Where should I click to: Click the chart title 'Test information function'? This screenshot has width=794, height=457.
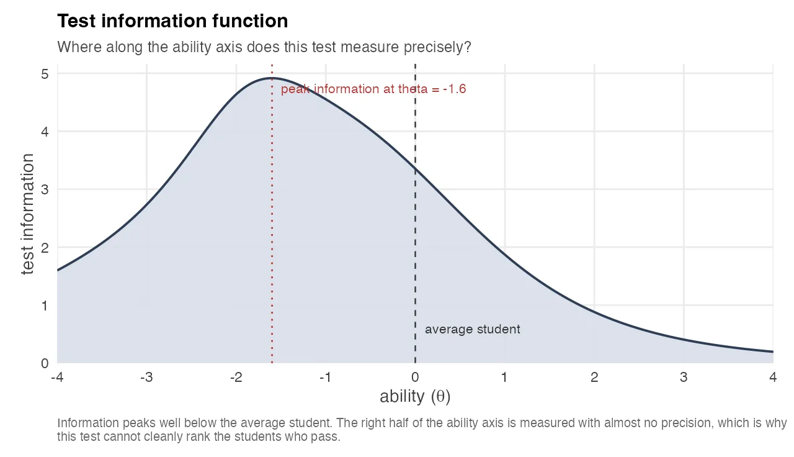(x=172, y=21)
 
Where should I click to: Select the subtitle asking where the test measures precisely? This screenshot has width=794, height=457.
(x=264, y=47)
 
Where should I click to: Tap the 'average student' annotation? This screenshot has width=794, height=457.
(x=472, y=330)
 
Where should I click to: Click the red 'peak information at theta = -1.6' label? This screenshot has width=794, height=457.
(x=373, y=89)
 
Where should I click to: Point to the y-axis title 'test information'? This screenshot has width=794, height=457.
(x=28, y=214)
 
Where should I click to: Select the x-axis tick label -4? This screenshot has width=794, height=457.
(x=57, y=378)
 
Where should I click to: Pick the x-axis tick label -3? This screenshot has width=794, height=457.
(x=146, y=378)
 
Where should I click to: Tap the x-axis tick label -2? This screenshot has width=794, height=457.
(x=236, y=378)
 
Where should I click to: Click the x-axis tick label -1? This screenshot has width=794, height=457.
(x=325, y=378)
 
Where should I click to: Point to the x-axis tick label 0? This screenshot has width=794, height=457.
(x=415, y=378)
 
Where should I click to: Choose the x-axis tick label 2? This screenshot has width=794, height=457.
(x=594, y=378)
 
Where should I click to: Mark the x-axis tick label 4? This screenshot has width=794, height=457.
(x=772, y=378)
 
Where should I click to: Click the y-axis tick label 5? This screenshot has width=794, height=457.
(x=45, y=74)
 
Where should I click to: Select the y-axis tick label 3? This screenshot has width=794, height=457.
(x=45, y=189)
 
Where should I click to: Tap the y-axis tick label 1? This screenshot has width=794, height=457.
(x=45, y=305)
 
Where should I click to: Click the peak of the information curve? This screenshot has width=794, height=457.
(x=272, y=78)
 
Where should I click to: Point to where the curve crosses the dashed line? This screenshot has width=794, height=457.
(x=415, y=169)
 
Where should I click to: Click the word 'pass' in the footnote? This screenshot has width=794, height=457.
(x=327, y=437)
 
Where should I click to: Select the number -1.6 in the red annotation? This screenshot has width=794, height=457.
(x=455, y=89)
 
